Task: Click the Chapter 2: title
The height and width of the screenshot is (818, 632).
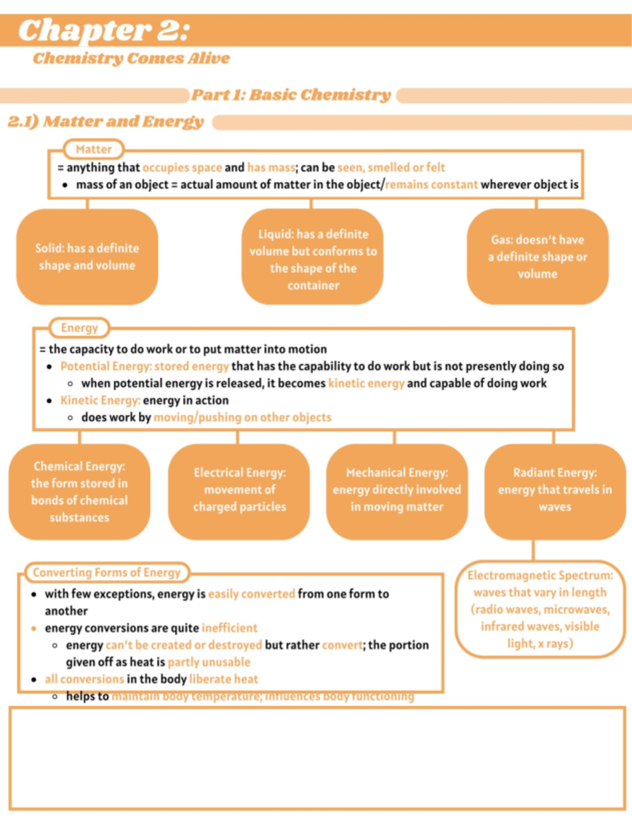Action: pyautogui.click(x=104, y=30)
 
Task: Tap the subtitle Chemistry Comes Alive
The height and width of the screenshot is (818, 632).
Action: pyautogui.click(x=131, y=58)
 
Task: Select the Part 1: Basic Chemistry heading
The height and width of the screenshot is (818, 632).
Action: pyautogui.click(x=291, y=95)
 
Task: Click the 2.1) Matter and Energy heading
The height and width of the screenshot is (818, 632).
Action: pyautogui.click(x=105, y=122)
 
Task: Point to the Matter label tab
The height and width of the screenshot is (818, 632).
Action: pyautogui.click(x=94, y=149)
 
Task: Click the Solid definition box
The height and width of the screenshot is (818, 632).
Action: pyautogui.click(x=87, y=257)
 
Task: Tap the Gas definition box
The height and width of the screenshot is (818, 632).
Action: pyautogui.click(x=537, y=257)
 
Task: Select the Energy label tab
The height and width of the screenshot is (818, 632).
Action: pyautogui.click(x=80, y=328)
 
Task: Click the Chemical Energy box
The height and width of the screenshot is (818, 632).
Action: pyautogui.click(x=80, y=492)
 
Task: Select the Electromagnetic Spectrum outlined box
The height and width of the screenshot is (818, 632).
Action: pyautogui.click(x=540, y=609)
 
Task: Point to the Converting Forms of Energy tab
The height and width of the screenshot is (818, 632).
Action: pyautogui.click(x=106, y=572)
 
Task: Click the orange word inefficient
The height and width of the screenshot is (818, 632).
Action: pyautogui.click(x=230, y=628)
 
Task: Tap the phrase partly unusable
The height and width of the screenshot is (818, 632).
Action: pyautogui.click(x=209, y=662)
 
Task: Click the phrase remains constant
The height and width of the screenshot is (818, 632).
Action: pyautogui.click(x=432, y=184)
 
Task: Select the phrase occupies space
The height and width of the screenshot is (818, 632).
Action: pyautogui.click(x=182, y=168)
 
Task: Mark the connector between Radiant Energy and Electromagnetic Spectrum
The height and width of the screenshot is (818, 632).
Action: pyautogui.click(x=533, y=550)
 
